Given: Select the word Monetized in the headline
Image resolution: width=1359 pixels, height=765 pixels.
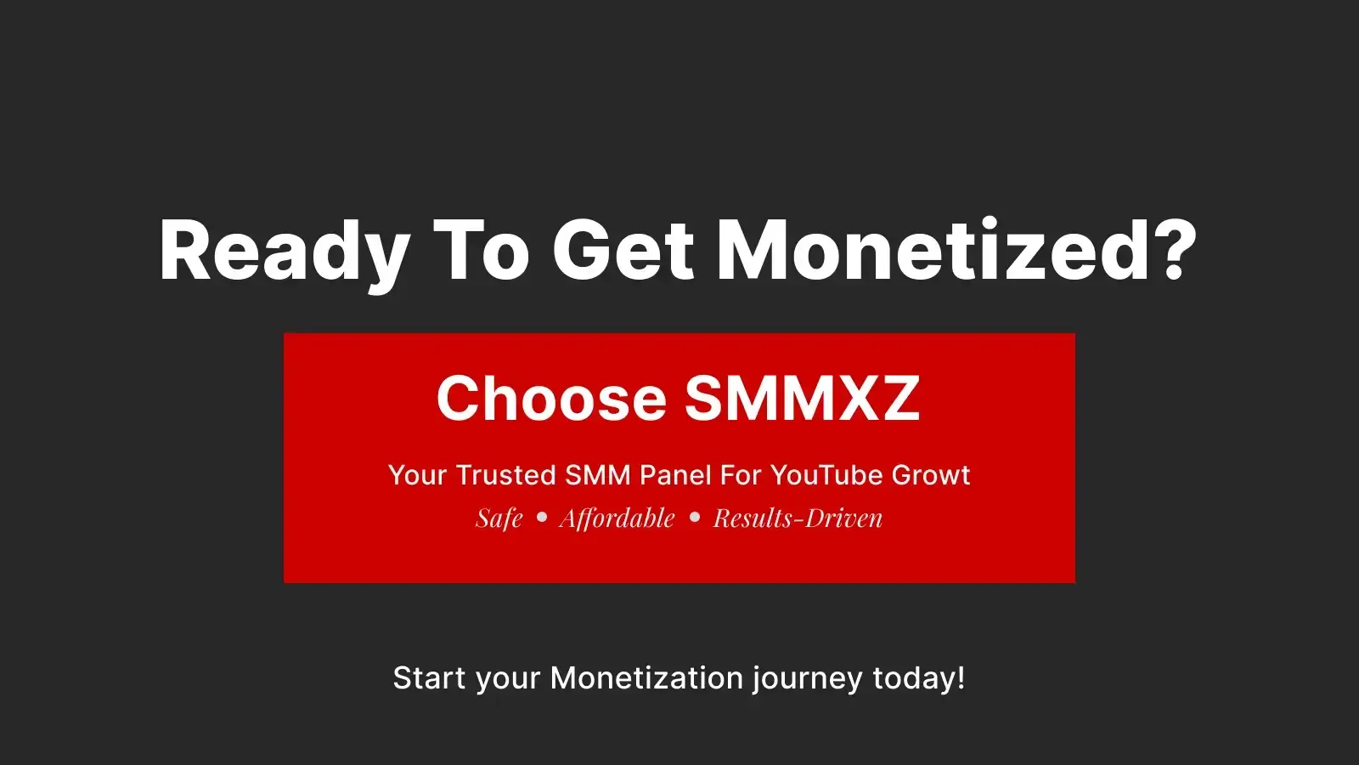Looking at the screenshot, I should point(933,252).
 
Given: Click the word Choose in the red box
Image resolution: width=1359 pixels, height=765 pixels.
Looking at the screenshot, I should point(551,399).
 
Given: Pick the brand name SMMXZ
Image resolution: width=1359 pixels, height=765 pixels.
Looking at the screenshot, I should point(802,399).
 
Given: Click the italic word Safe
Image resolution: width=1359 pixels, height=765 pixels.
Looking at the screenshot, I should point(499,518).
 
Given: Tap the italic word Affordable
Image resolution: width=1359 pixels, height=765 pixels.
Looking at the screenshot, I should point(617,518).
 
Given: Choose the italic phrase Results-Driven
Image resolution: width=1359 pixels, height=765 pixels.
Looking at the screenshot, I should point(798,518).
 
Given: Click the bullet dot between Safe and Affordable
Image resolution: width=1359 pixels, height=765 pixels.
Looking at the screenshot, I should point(542,517).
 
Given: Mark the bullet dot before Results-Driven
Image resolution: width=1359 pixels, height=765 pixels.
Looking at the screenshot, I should point(695,517).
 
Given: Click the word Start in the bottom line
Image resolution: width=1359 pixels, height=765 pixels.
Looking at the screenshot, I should point(429,678).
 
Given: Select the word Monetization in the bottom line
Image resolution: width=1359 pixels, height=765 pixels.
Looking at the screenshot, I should point(646,678).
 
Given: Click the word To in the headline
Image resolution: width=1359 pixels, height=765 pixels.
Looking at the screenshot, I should point(481,252).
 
